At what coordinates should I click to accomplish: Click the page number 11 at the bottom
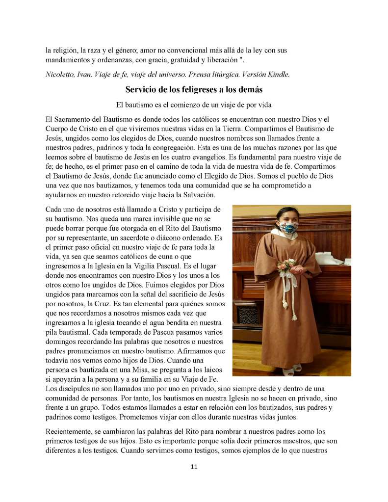(x=194, y=466)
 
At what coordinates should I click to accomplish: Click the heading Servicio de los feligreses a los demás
(x=194, y=89)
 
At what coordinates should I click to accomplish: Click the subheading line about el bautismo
(x=194, y=105)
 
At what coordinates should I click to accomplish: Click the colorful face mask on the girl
(x=289, y=227)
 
